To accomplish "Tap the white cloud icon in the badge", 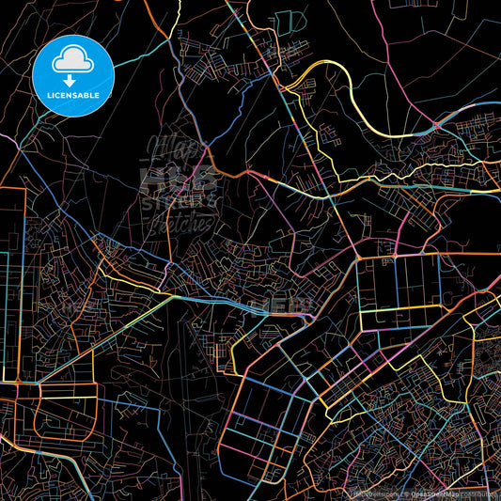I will click(x=72, y=61).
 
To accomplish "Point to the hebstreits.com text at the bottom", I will click(x=375, y=493).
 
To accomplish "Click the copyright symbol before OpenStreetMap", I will click(x=408, y=493).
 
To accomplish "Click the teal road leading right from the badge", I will click(x=141, y=56).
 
